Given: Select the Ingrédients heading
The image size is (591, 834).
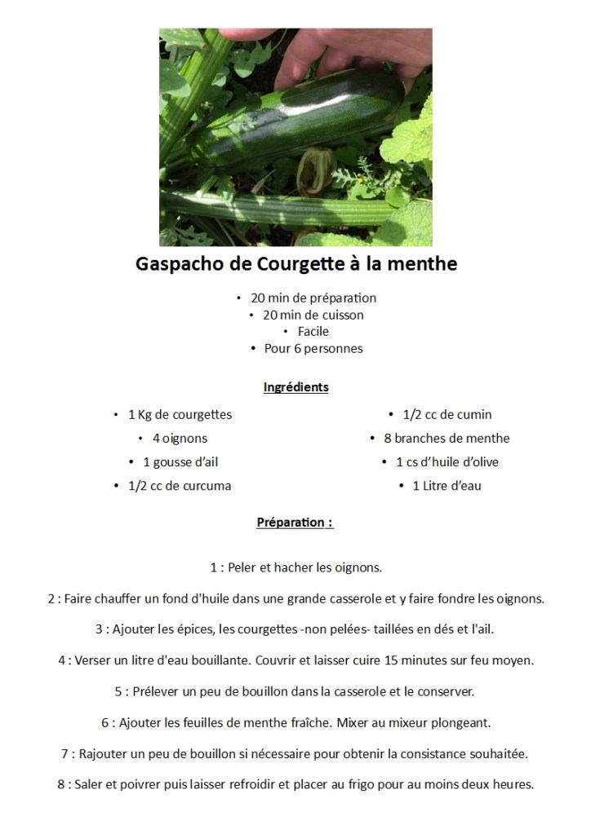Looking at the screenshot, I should coord(295,387).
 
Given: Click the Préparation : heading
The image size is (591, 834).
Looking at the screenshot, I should coord(295,523).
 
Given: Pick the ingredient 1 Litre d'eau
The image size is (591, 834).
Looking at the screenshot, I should coord(447,486).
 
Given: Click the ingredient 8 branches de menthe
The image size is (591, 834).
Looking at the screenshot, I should coord(447,439).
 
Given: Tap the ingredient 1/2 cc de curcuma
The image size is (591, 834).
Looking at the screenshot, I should coord(179,486).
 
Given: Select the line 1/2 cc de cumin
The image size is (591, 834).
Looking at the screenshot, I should coord(447,415).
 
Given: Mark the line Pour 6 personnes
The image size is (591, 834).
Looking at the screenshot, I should coord(313,349).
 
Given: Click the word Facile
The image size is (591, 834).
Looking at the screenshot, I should coord(313,332).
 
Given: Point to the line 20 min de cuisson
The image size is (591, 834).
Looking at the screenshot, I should coord(313,315).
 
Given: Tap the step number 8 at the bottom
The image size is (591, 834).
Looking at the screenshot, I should coord(61,785).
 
